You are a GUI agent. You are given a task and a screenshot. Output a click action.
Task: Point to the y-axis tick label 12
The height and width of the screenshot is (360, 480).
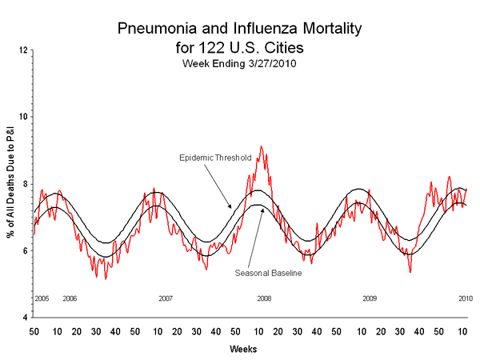[x=24, y=50]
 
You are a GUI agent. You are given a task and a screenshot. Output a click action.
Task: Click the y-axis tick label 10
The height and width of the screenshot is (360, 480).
[x=24, y=117]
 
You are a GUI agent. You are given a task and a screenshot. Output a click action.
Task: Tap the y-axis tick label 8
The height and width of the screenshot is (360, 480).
[x=26, y=184]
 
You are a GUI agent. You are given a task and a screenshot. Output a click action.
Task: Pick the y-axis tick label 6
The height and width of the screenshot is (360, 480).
[x=26, y=250]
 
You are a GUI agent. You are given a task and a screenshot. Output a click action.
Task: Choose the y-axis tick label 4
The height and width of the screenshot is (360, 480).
[x=26, y=318]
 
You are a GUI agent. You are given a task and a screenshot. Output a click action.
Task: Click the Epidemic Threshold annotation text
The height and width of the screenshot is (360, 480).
[x=214, y=158]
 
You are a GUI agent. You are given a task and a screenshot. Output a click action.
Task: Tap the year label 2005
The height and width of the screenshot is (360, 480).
[x=42, y=298]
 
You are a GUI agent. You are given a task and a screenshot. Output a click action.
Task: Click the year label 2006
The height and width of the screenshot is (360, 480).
[x=70, y=298]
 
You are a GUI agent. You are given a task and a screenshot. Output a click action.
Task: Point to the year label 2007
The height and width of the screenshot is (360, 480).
[x=165, y=298]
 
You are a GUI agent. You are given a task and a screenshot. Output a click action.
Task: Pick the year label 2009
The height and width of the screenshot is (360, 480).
[x=369, y=298]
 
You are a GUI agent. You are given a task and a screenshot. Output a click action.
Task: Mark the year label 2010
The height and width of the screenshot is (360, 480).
[x=465, y=298]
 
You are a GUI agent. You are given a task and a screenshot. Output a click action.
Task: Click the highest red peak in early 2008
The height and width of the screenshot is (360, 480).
[x=262, y=147]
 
